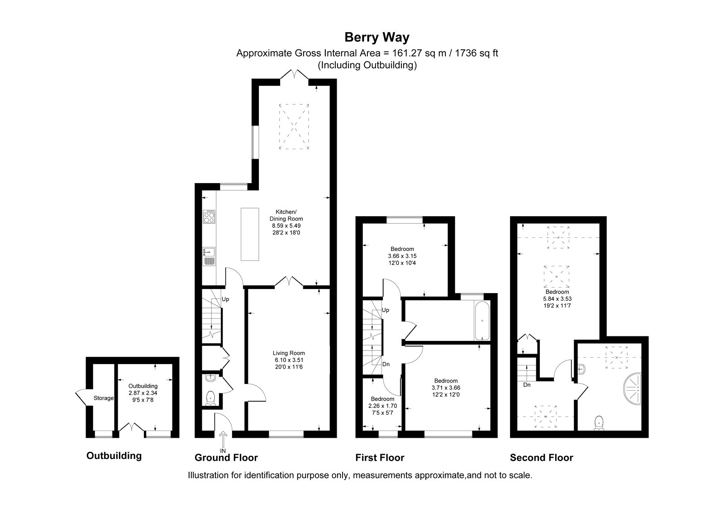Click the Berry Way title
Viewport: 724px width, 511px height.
tap(377, 38)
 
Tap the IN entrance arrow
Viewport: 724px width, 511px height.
tap(223, 439)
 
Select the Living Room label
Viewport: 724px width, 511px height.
tap(289, 353)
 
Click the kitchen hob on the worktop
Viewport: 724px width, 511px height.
tap(209, 217)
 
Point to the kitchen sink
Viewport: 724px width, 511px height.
tap(209, 256)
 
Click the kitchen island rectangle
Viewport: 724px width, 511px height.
tap(250, 234)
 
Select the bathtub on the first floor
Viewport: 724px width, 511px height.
tap(482, 320)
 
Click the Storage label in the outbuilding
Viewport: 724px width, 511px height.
tap(104, 398)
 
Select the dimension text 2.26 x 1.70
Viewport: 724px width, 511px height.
tap(383, 406)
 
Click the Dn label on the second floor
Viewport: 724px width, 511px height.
tap(527, 385)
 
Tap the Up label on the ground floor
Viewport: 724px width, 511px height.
tap(225, 299)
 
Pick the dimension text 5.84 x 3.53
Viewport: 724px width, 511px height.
tap(557, 299)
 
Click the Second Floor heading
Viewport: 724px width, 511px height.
tap(541, 457)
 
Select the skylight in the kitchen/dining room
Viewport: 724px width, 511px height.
tap(294, 126)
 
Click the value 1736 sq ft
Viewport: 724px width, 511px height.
tap(476, 53)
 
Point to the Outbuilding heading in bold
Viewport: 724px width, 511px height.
tap(114, 456)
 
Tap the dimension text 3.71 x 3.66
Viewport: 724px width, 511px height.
tap(446, 388)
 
